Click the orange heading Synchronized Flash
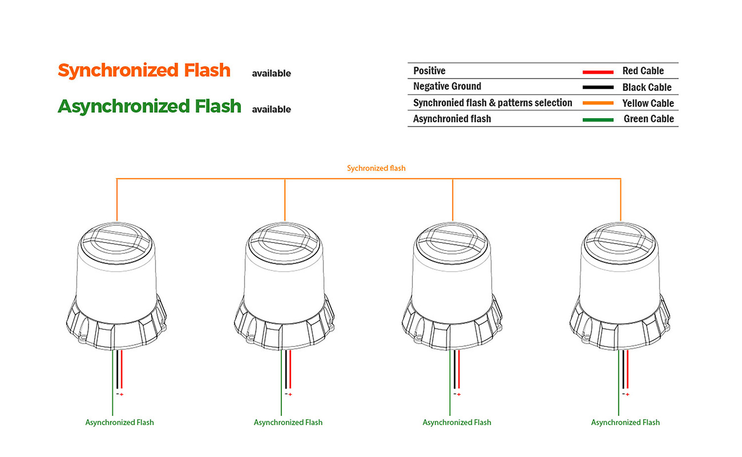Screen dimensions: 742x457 (144, 71)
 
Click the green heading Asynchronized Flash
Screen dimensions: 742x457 (149, 106)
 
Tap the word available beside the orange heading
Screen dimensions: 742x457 (271, 74)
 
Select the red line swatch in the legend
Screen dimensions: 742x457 (598, 72)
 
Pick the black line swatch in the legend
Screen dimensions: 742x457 (598, 88)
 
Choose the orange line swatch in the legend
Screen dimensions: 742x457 (598, 103)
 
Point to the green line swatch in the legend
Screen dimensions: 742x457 (598, 120)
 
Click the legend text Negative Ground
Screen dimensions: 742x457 (447, 87)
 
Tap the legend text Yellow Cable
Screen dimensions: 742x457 (648, 103)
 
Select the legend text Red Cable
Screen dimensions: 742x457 (643, 71)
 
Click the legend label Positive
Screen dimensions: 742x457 (429, 71)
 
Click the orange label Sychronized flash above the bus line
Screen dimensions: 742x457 (376, 168)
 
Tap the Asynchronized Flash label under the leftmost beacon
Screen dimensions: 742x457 (120, 422)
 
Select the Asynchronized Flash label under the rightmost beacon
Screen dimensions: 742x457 (625, 422)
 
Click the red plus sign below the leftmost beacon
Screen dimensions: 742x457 (122, 394)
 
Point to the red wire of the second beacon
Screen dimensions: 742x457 (290, 369)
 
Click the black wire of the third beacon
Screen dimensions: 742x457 (455, 369)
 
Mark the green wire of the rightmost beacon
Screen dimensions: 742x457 (618, 383)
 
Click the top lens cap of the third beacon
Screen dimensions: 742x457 (452, 243)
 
